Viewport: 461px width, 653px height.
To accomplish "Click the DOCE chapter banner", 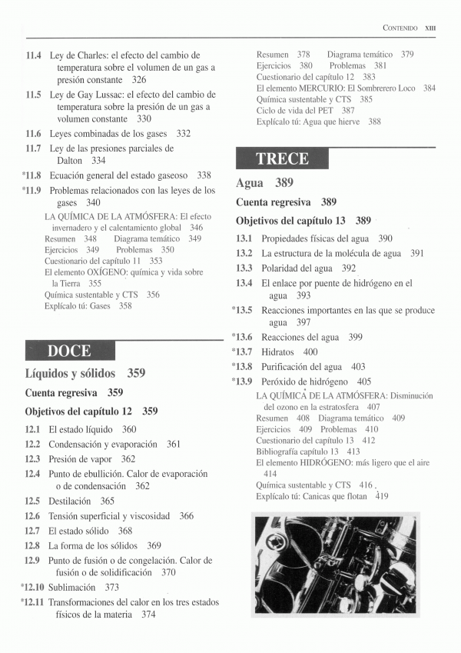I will click(70, 351).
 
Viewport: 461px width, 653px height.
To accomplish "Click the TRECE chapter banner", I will click(282, 158).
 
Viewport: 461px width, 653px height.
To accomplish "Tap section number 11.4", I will click(33, 55).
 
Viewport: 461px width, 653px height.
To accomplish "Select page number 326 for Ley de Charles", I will click(139, 80).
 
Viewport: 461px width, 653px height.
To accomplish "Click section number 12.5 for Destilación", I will click(32, 501).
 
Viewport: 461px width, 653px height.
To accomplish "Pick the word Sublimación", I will click(74, 587).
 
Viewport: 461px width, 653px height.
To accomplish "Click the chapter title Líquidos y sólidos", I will click(70, 373).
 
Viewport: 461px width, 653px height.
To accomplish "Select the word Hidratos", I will click(279, 352).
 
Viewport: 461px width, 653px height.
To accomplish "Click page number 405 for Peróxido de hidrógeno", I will click(364, 381).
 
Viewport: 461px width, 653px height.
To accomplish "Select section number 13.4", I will click(244, 283).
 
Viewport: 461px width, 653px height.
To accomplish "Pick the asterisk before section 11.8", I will click(25, 175).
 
